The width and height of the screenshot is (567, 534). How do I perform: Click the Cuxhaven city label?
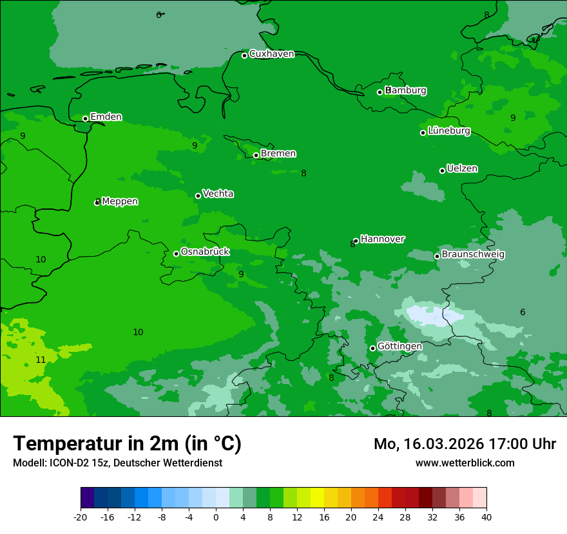[x=271, y=54]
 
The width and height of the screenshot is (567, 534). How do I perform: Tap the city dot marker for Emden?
[x=85, y=118]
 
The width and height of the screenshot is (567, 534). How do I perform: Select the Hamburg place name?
[x=406, y=91]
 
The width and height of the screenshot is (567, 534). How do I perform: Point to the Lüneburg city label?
[x=449, y=131]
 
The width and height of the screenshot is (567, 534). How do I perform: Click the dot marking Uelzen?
[x=442, y=170]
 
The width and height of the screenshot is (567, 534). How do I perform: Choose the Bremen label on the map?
[x=278, y=153]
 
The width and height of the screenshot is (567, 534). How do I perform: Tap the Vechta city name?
[x=218, y=194]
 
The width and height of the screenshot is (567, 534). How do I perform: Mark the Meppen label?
[x=120, y=201]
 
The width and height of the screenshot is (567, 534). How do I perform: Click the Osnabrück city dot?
[x=176, y=253]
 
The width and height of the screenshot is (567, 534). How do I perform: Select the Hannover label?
[x=383, y=239]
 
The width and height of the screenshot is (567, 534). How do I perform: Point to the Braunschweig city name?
[x=473, y=254]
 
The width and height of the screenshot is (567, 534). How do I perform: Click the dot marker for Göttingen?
[x=372, y=348]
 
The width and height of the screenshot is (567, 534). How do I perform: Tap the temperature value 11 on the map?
[x=41, y=360]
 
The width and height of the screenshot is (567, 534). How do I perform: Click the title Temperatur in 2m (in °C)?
[x=127, y=444]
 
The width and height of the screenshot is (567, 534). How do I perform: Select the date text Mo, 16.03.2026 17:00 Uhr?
[x=465, y=444]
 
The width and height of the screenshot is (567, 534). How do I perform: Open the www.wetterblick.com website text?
[x=465, y=463]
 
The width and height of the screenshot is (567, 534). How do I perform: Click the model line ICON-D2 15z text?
[x=117, y=463]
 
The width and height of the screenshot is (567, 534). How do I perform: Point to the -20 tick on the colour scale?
[x=81, y=517]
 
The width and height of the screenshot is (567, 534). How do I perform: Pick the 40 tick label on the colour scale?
[x=486, y=517]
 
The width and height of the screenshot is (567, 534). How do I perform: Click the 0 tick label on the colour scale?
[x=216, y=517]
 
